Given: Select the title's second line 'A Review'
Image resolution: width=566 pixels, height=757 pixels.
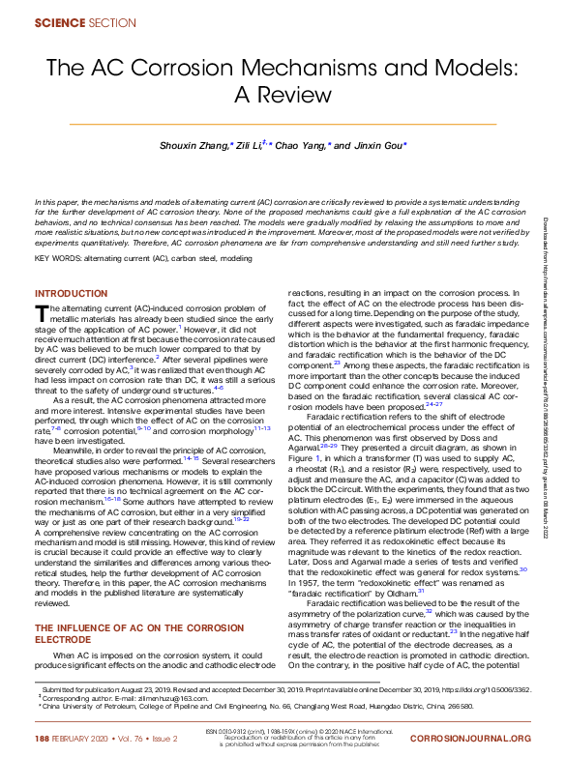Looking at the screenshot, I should [283, 97].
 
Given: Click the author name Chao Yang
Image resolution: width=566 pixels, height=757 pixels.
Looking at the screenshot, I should [302, 145].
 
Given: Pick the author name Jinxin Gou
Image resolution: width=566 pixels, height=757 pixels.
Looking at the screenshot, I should [380, 145].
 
